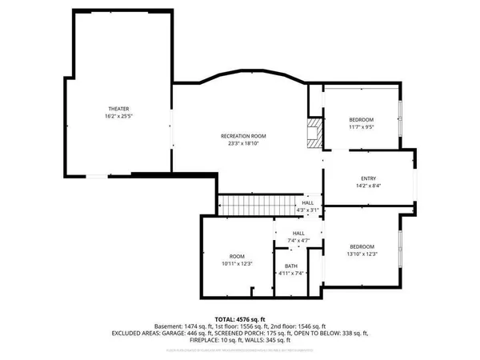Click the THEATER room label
(x=118, y=109)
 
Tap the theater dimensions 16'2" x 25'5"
(x=118, y=116)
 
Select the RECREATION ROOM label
(x=243, y=136)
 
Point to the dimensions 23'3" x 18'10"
(x=243, y=143)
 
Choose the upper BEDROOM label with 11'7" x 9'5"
(x=362, y=119)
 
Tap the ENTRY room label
(x=368, y=178)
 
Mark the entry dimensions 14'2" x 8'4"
(x=368, y=186)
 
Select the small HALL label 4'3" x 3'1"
(x=308, y=204)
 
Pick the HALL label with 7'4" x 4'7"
(x=298, y=233)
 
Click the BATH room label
(x=291, y=267)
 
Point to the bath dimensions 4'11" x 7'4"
(x=291, y=274)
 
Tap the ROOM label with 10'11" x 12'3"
(x=237, y=256)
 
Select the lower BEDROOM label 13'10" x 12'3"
(x=362, y=246)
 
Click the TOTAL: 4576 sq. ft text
(x=239, y=318)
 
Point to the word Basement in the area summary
(x=169, y=326)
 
